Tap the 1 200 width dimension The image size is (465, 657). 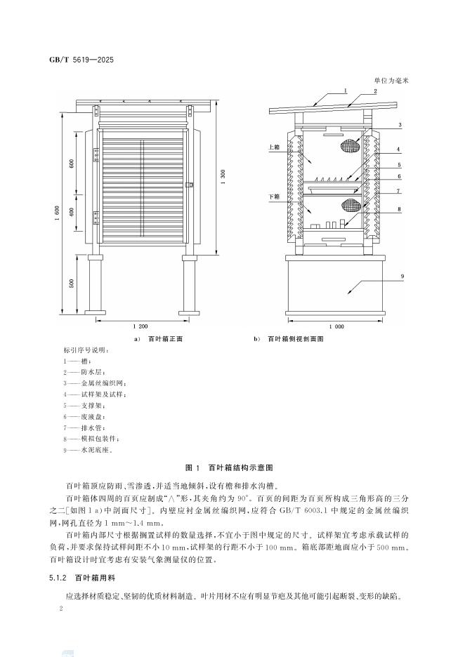pyautogui.click(x=140, y=326)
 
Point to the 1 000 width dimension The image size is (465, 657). pyautogui.click(x=336, y=326)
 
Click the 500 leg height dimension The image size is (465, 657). pyautogui.click(x=72, y=283)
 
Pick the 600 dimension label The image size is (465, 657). pyautogui.click(x=72, y=163)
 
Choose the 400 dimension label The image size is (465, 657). pyautogui.click(x=72, y=212)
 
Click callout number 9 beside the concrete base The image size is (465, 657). pyautogui.click(x=402, y=278)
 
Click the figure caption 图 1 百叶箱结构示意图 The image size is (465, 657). pyautogui.click(x=232, y=466)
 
